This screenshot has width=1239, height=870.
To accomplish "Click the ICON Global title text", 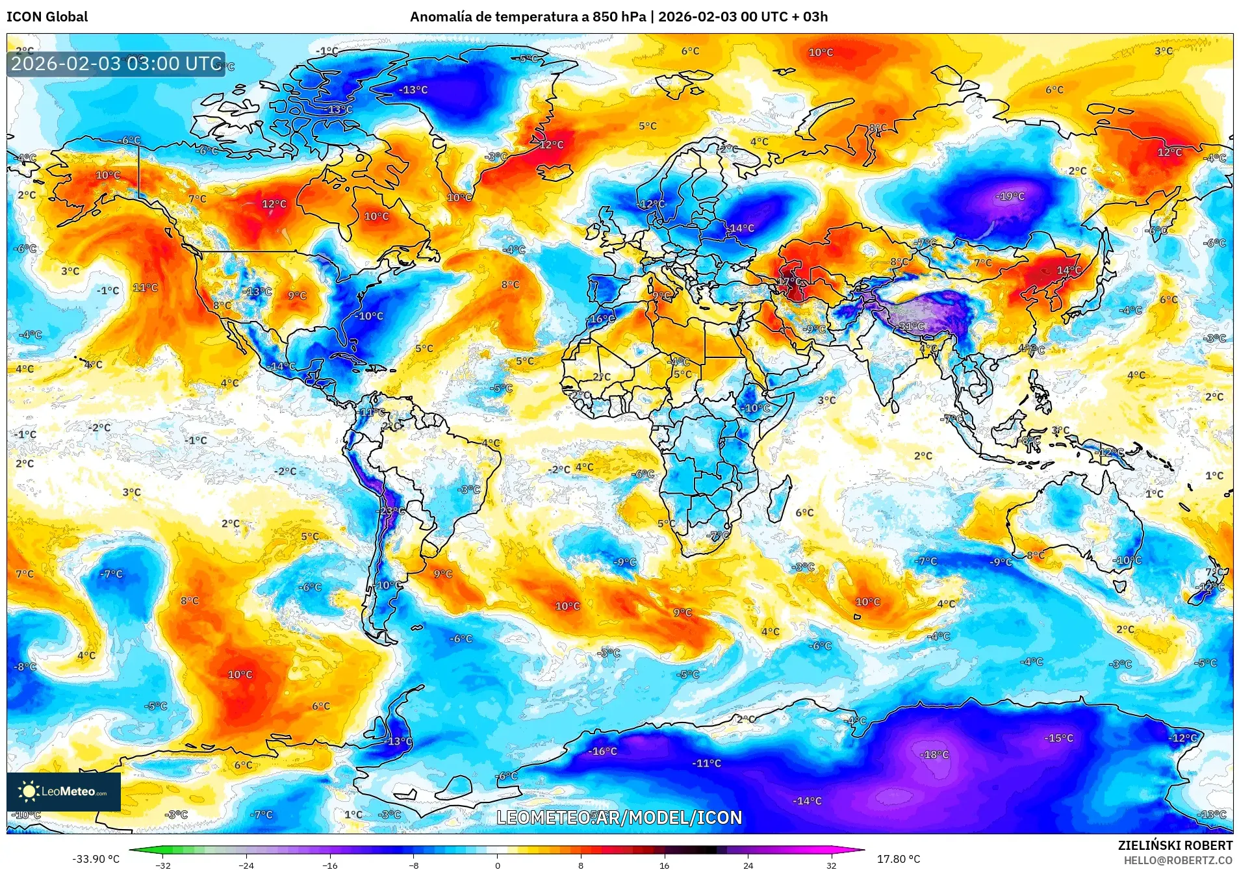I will (47, 17).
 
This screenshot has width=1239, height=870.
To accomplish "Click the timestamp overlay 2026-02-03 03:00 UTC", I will (116, 64).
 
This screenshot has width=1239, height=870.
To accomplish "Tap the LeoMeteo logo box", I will (64, 791).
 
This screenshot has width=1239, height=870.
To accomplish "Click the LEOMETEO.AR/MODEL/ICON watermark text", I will (619, 817).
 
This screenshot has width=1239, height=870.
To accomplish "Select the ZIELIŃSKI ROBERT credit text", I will (1175, 845).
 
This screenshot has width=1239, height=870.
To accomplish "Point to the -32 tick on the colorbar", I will (163, 865).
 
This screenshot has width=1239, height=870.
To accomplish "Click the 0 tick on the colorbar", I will (498, 865).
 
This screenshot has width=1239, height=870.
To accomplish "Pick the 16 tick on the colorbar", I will (664, 865).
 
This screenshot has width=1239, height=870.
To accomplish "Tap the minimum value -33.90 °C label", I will (96, 859).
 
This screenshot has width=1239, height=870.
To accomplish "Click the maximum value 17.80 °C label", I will (899, 859).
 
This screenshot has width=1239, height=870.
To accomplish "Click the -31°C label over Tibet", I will (912, 326).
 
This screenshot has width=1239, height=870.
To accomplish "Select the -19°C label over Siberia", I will (1010, 196).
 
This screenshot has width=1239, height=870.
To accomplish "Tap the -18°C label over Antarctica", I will (935, 755).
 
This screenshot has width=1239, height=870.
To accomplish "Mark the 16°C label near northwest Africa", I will (602, 319).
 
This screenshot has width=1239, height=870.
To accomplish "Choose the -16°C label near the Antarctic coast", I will (603, 751).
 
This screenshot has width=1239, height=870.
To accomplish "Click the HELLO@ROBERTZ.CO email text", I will (1178, 860).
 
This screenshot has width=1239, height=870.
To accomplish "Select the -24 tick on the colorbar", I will (246, 865).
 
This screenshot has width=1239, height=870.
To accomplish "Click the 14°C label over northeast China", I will (1069, 270).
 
